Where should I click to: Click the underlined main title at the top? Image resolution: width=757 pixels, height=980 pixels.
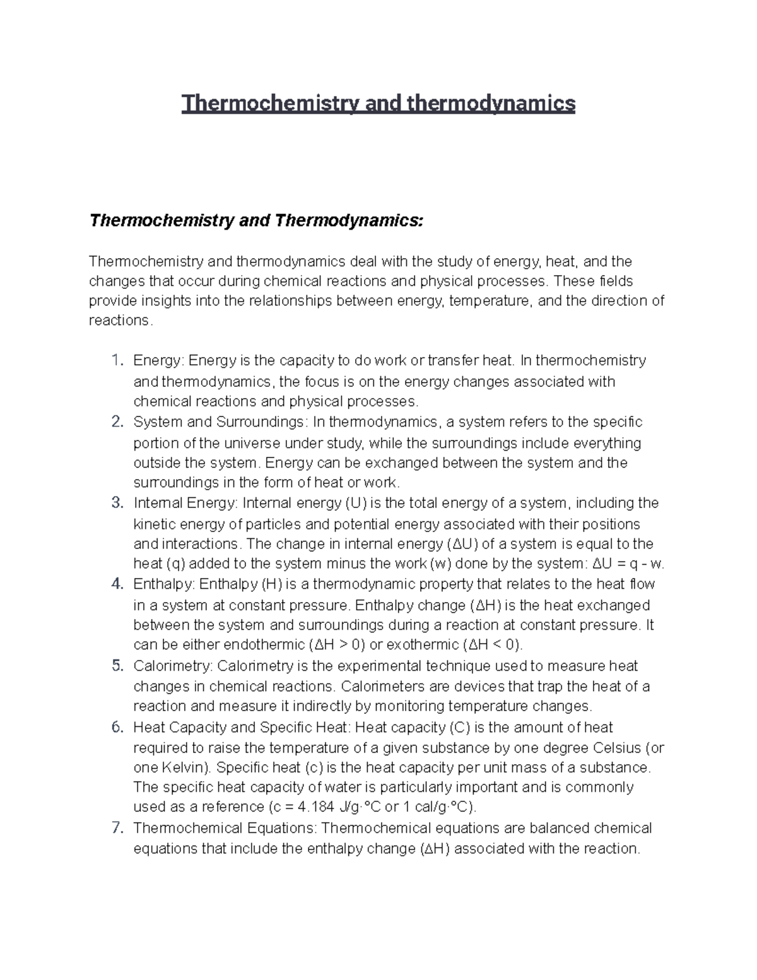pyautogui.click(x=378, y=103)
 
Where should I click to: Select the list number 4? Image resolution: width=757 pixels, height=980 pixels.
pyautogui.click(x=116, y=584)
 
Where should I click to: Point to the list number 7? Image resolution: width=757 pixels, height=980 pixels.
pyautogui.click(x=116, y=828)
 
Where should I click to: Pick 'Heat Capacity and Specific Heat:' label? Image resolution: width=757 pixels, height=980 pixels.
pyautogui.click(x=242, y=728)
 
